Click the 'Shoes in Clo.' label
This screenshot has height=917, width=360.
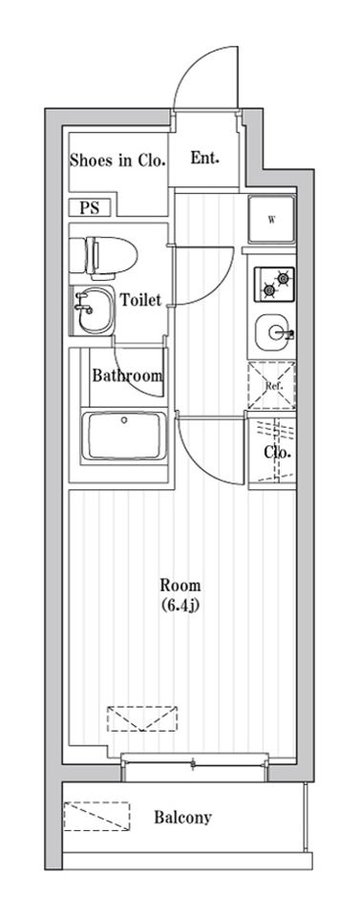click(117, 160)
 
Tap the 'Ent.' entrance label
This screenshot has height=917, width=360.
click(205, 158)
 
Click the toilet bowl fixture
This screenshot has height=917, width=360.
click(104, 256)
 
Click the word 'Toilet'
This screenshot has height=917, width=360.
click(140, 300)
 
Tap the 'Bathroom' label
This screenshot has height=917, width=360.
click(127, 374)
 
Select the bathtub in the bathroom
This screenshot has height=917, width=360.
click(124, 436)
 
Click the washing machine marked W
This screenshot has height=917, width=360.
click(272, 220)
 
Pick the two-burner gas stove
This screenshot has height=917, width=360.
click(274, 284)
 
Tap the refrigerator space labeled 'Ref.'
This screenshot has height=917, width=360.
click(271, 385)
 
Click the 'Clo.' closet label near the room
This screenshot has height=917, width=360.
click(277, 452)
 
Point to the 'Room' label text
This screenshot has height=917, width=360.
click(180, 585)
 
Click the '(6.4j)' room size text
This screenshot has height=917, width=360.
click(180, 606)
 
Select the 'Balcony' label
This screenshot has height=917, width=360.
click(183, 817)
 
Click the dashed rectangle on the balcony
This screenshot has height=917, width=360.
click(96, 816)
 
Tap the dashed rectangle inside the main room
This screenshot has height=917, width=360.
click(142, 718)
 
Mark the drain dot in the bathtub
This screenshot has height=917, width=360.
click(124, 419)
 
